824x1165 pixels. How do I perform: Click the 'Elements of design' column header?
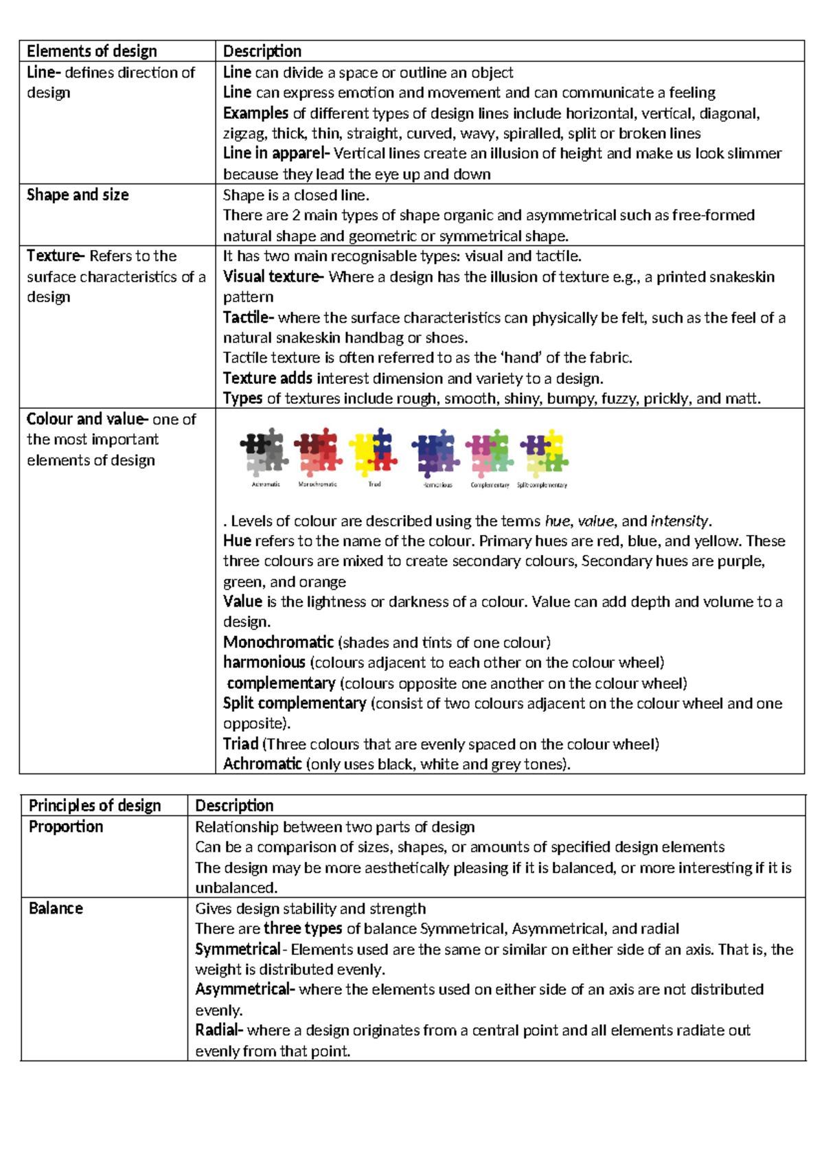(x=92, y=52)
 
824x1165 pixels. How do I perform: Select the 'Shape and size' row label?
(x=78, y=195)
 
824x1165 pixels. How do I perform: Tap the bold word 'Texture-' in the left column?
(x=56, y=256)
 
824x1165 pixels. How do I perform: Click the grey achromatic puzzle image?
(x=265, y=453)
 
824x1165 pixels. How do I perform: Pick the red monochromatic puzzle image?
(x=318, y=453)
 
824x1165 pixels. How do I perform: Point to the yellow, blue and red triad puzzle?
(x=374, y=453)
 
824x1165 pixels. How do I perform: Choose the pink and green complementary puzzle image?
(x=489, y=453)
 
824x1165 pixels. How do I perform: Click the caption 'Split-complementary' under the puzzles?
(x=542, y=485)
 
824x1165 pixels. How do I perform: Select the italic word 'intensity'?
(x=680, y=521)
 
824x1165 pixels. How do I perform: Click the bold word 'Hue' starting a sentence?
(x=237, y=541)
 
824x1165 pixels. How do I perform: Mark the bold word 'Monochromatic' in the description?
(x=278, y=643)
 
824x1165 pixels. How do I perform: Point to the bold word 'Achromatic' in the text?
(x=262, y=765)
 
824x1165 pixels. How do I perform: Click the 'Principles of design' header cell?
(x=95, y=806)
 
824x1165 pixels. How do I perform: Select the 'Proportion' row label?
(x=66, y=827)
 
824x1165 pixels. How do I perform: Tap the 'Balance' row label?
(x=56, y=909)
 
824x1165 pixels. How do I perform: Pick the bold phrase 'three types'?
(x=303, y=929)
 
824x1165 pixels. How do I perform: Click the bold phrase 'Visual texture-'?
(x=273, y=277)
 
